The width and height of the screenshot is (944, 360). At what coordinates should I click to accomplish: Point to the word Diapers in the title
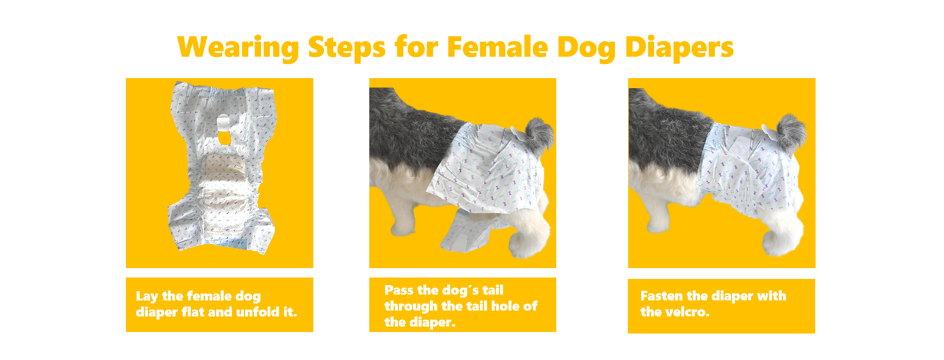(x=679, y=47)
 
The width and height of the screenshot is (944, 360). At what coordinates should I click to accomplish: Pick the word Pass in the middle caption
(x=398, y=290)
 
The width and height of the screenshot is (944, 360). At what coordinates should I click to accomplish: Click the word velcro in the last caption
(x=687, y=312)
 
